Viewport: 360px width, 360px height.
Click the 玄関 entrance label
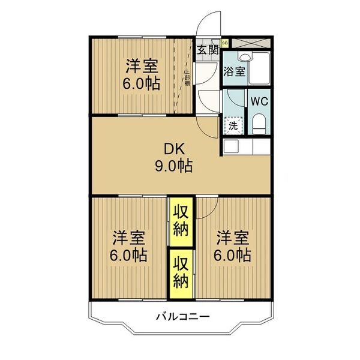coord(208,50)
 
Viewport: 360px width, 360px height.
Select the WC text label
coord(259,101)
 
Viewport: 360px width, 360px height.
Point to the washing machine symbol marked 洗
coord(234,126)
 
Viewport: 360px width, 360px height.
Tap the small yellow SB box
coord(225,43)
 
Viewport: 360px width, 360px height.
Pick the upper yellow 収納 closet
coord(181,221)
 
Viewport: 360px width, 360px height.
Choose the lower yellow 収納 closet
coord(181,272)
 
